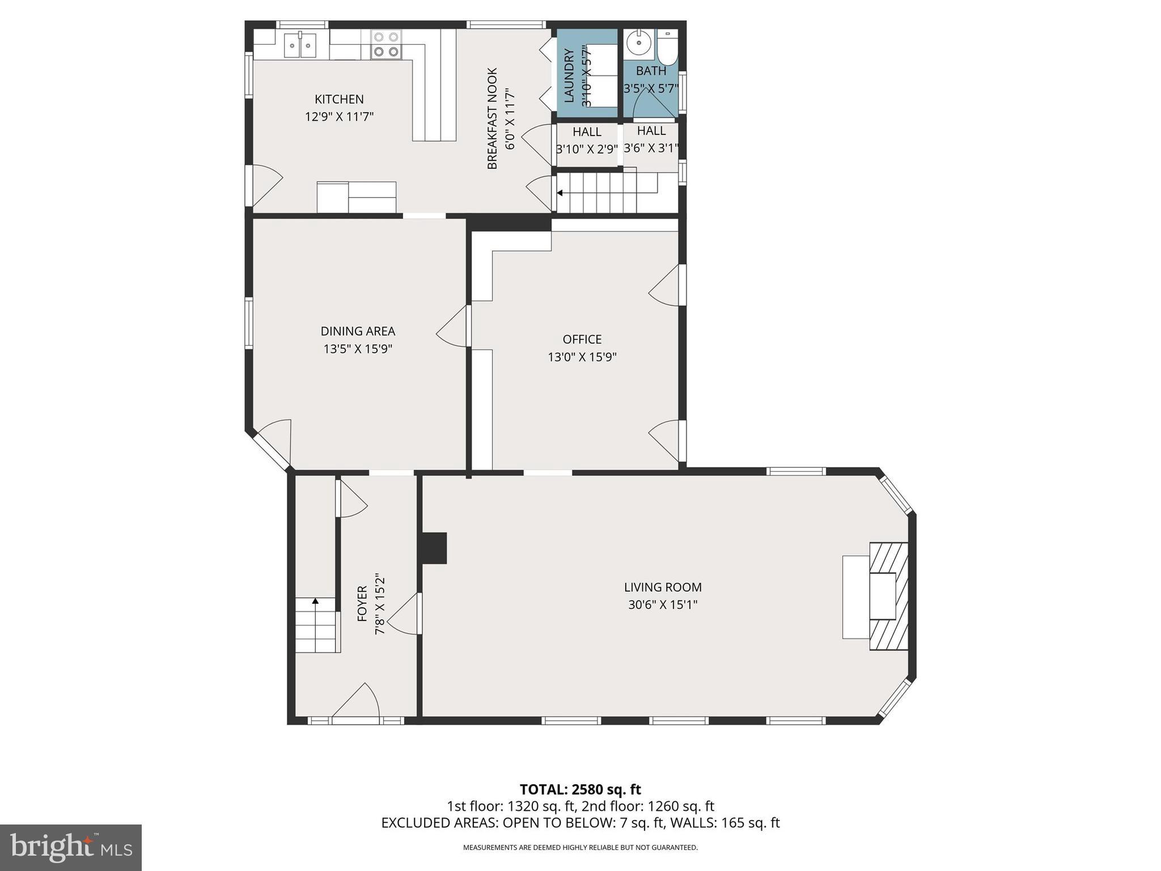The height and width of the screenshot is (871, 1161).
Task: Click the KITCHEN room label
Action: [x=339, y=99]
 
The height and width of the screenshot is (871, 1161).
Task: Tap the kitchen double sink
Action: [x=300, y=44]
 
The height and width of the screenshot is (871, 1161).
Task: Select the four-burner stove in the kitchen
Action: [x=386, y=45]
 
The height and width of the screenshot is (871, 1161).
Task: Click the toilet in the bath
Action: [x=667, y=49]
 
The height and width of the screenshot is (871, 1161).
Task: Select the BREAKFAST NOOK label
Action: [x=492, y=119]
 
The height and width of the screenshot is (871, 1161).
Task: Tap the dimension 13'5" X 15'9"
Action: [x=358, y=349]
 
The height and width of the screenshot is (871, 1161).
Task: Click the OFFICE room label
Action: [x=582, y=339]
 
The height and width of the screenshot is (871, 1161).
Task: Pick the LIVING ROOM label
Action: [x=662, y=587]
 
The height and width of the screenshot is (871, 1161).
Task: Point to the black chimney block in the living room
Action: [x=434, y=548]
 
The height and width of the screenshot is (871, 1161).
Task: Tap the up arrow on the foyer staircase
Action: [x=315, y=601]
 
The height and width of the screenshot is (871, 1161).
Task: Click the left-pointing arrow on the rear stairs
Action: [x=560, y=193]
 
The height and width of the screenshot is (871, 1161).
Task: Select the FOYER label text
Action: [x=362, y=603]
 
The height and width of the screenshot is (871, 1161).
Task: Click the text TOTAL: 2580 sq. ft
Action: [x=580, y=789]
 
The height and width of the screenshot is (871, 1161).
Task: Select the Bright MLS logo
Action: [x=71, y=847]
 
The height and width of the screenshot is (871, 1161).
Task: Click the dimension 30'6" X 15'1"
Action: [x=662, y=605]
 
